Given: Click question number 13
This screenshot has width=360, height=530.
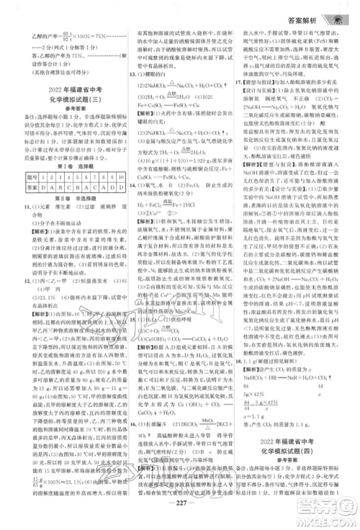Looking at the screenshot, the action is point(125,73).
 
